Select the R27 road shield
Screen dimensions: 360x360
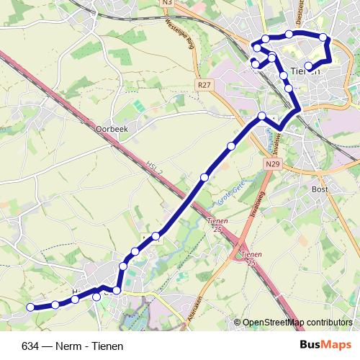204,85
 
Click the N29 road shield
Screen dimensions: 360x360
271,165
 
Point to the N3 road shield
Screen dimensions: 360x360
168,3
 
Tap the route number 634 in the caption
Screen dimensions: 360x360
31,346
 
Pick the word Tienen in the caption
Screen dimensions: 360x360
99,346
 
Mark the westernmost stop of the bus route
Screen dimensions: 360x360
30,307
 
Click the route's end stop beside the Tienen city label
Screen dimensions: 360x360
309,67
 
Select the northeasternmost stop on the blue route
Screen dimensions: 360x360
323,37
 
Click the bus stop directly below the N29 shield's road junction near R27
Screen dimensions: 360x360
262,117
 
